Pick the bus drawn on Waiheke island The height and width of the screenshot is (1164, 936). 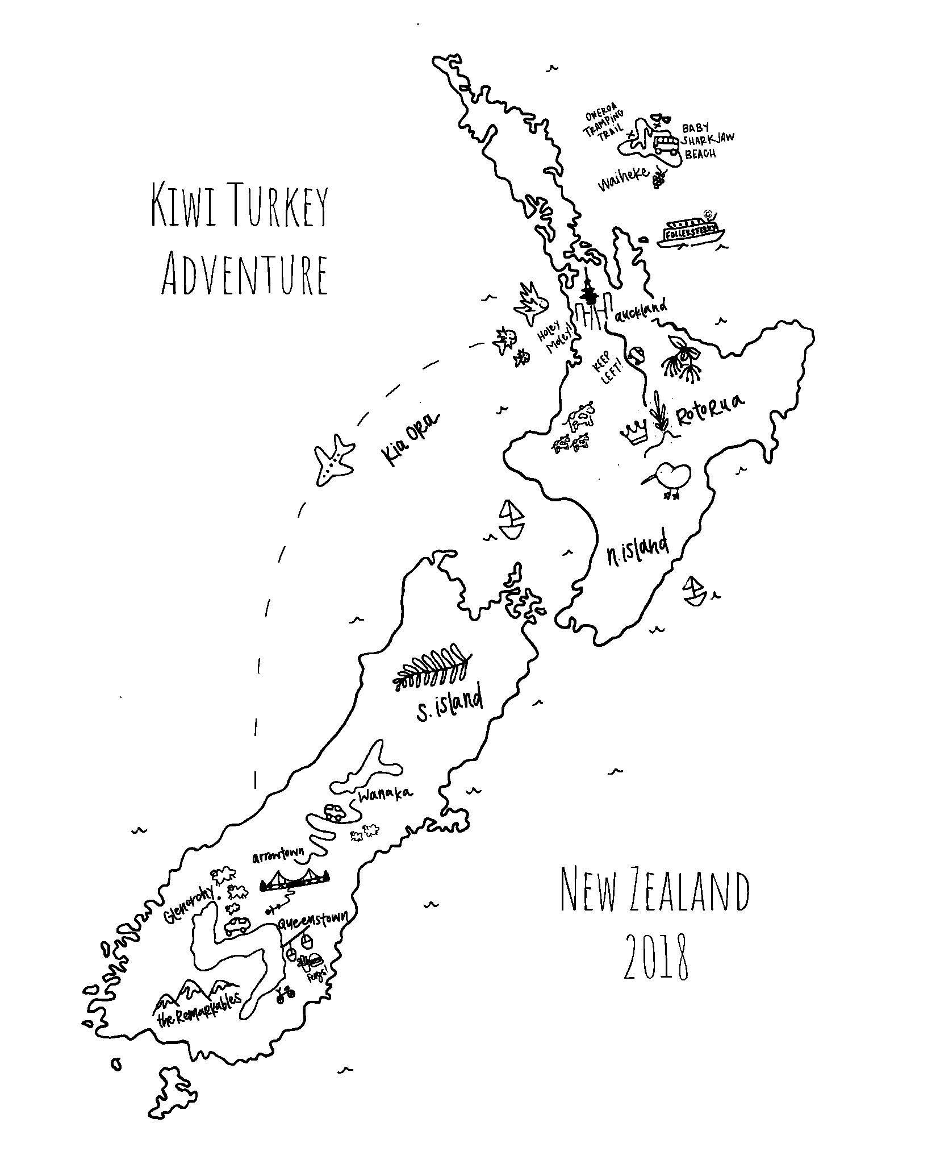[x=665, y=144]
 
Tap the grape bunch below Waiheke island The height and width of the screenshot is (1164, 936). [x=659, y=178]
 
